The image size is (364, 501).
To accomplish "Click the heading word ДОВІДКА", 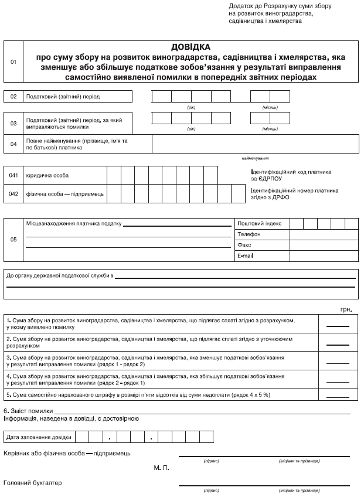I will point(190,46).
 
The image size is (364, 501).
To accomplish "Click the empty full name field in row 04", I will point(254,143).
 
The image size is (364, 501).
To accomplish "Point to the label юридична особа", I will point(47,175).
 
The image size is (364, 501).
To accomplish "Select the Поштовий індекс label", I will point(260,223).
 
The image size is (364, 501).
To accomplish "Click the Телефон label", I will point(249,234).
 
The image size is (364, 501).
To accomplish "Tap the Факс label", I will point(244,245).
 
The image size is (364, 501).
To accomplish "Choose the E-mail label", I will point(246,256).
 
